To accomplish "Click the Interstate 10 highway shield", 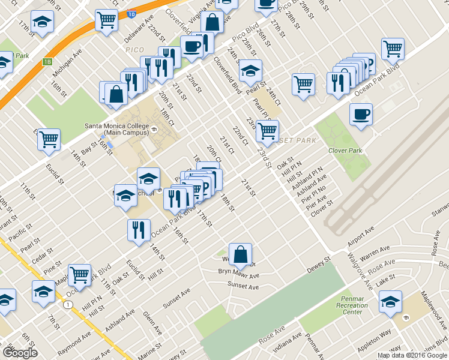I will (x=131, y=11).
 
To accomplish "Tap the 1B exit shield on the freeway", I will (x=47, y=61).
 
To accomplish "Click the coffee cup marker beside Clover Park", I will (x=361, y=114).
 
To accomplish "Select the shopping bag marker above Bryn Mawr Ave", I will (x=240, y=254).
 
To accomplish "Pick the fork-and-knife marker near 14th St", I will (x=139, y=230).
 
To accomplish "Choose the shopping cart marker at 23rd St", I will (x=267, y=129).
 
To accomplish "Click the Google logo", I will (x=20, y=352).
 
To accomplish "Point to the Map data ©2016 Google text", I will (x=412, y=355).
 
